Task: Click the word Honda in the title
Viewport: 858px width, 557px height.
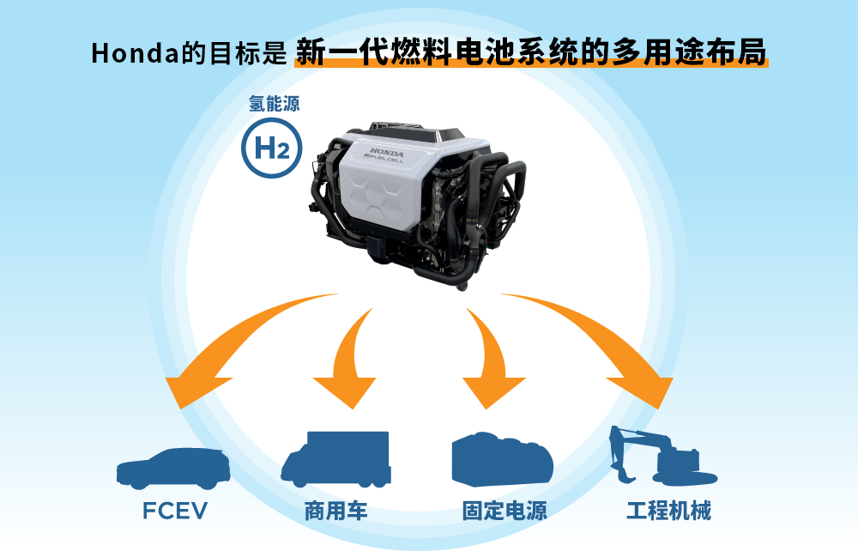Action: coord(130,53)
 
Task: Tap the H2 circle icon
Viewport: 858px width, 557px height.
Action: coord(272,149)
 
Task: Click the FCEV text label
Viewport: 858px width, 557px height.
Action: coord(175,512)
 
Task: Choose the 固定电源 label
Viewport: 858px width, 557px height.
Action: coord(505,512)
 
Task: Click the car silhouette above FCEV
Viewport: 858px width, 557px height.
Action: coord(174,466)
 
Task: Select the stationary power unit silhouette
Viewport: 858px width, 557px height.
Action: coord(505,461)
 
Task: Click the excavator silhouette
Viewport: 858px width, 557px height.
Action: coord(665,459)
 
